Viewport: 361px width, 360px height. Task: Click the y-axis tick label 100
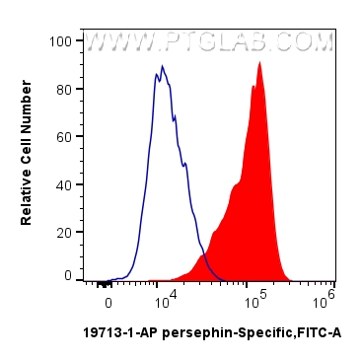59,41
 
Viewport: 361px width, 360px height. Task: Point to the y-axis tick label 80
63,89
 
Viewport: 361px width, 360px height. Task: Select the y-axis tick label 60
63,136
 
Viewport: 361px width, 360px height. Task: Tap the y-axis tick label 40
63,184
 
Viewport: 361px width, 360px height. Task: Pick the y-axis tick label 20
63,232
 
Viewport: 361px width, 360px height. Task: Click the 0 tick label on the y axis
67,277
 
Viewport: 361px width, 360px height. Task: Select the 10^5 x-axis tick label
253,294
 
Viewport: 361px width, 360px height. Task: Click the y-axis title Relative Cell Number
27,160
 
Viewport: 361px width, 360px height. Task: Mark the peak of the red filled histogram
259,62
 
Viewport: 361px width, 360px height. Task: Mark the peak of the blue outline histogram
163,67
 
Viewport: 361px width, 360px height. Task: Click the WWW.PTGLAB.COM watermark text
209,42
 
